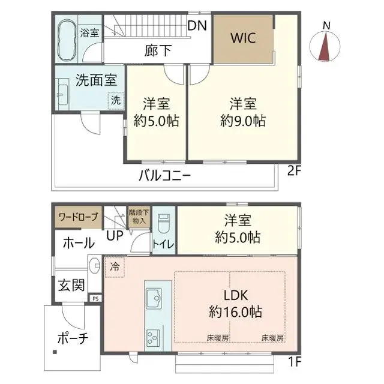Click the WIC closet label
pyautogui.click(x=243, y=38)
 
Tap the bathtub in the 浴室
pyautogui.click(x=67, y=38)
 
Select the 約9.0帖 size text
pyautogui.click(x=243, y=120)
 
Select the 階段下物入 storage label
pyautogui.click(x=138, y=216)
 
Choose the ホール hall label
pyautogui.click(x=78, y=243)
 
